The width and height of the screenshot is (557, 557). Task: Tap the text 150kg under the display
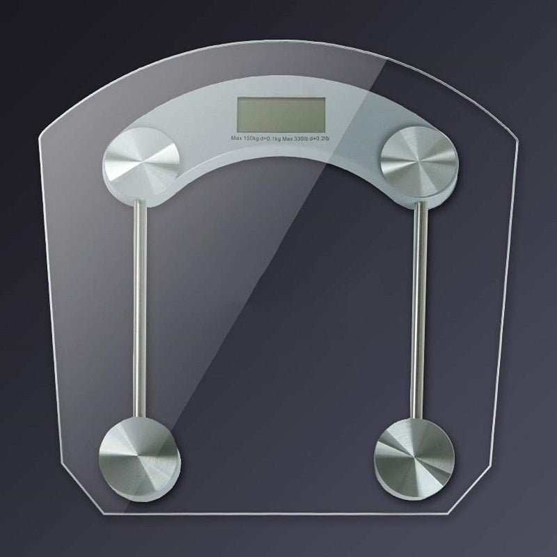click(251, 139)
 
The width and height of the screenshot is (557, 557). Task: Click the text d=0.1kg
click(270, 139)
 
